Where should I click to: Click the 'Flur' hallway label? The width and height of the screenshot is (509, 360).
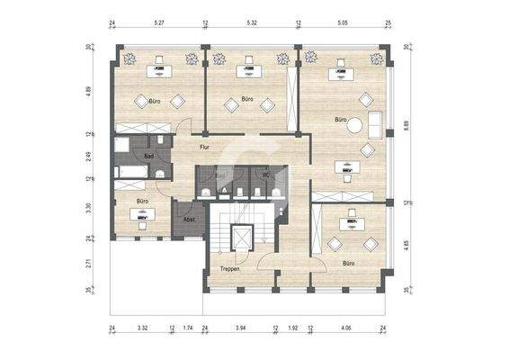204,146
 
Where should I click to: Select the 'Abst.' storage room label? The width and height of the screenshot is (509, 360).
189,220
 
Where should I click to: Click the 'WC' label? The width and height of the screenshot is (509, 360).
265,175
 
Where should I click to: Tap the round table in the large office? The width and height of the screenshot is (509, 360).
358,125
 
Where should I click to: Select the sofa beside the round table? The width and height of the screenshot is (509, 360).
377,122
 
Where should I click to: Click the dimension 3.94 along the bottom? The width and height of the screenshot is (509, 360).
240,330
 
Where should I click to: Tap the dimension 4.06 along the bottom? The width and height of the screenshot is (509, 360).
346,330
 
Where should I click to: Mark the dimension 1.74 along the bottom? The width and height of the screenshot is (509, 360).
189,330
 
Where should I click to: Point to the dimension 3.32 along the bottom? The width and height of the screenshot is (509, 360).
142,330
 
